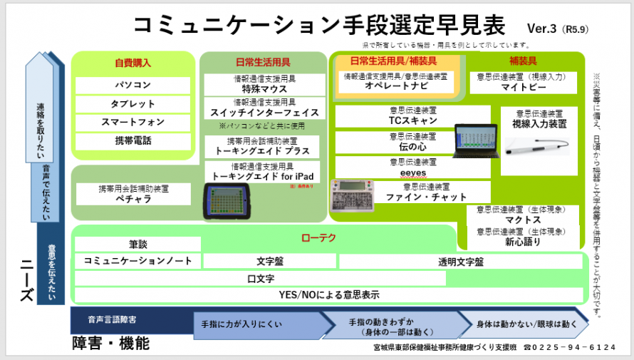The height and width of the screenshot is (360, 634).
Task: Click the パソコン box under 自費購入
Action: (x=132, y=85)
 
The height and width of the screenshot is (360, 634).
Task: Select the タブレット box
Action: (x=132, y=104)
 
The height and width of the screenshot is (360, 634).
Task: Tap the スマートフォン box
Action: (x=132, y=123)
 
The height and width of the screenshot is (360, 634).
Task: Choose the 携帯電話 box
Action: (x=132, y=141)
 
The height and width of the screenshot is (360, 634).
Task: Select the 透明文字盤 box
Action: (x=460, y=262)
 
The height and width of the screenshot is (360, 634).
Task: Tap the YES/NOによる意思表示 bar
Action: (x=328, y=294)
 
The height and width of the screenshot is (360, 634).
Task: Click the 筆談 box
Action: (x=137, y=244)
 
